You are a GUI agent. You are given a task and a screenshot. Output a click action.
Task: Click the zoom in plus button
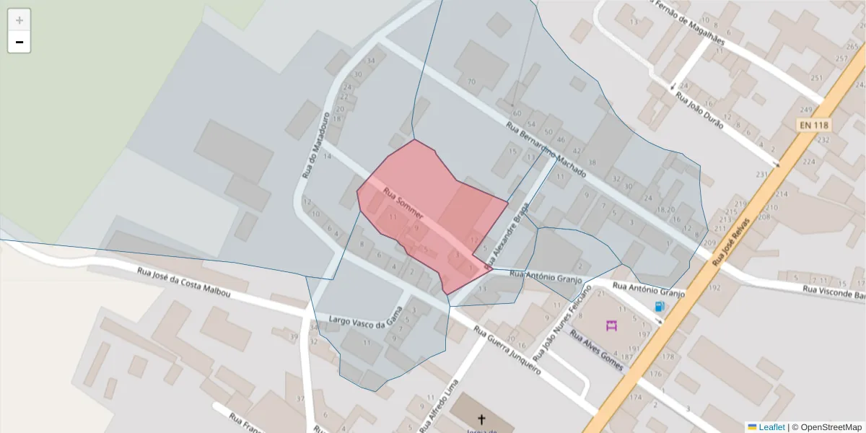19,20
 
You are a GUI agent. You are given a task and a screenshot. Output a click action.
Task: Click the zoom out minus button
19,42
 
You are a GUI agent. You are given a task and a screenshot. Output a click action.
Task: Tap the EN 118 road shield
814,126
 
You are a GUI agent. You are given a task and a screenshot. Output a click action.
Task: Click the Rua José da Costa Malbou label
184,281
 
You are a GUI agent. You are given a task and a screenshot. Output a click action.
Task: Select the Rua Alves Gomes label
597,350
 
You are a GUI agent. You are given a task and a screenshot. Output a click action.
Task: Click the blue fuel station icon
659,307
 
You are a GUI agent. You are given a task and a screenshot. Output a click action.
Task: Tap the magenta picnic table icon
612,325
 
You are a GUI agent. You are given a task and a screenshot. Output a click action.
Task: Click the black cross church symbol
481,419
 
